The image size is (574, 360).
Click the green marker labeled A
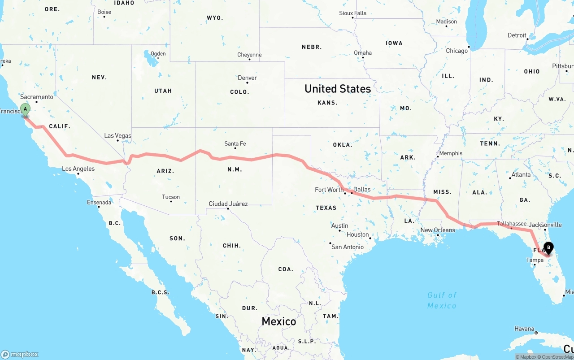25,109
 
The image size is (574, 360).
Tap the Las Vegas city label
117,135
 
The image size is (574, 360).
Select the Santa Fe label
235,144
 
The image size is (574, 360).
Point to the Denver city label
247,78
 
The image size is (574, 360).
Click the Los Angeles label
78,169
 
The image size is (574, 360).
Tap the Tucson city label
171,197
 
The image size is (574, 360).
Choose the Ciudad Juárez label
228,204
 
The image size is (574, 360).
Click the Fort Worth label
329,190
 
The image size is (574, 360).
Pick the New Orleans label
438,230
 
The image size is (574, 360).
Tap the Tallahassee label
512,223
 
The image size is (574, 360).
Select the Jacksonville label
545,225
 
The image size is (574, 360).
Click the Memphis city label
451,153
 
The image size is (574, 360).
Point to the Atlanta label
521,175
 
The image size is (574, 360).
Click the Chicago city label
457,51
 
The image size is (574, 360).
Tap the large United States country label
338,89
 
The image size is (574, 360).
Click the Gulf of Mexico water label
442,300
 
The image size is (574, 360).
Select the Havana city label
524,329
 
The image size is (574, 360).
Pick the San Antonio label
348,247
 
